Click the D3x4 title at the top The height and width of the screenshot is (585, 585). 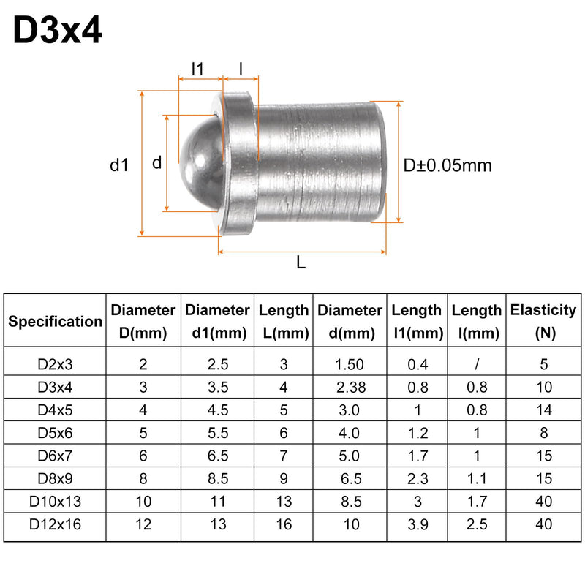(57, 30)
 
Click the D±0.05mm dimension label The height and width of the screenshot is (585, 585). (448, 165)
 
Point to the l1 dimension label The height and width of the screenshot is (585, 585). (197, 69)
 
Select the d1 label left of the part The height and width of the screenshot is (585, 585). (119, 165)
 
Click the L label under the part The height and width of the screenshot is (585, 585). (301, 263)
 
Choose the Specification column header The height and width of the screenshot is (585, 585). (56, 321)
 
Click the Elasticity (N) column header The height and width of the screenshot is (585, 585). (543, 321)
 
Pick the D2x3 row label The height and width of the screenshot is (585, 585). (56, 364)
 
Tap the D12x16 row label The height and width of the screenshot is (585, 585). (56, 524)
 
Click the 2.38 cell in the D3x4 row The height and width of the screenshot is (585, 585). (351, 388)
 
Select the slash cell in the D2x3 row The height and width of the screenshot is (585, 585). (477, 364)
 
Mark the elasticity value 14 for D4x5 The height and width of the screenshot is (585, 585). (544, 410)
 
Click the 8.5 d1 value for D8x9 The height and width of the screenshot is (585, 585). (218, 479)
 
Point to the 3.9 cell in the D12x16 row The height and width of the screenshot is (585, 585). (418, 524)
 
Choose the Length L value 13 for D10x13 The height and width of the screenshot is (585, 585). (284, 502)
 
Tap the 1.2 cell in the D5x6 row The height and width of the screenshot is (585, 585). (418, 433)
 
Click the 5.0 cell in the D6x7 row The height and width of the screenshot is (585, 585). (350, 456)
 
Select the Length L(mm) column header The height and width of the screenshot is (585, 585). (284, 321)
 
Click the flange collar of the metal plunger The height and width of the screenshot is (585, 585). (238, 163)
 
